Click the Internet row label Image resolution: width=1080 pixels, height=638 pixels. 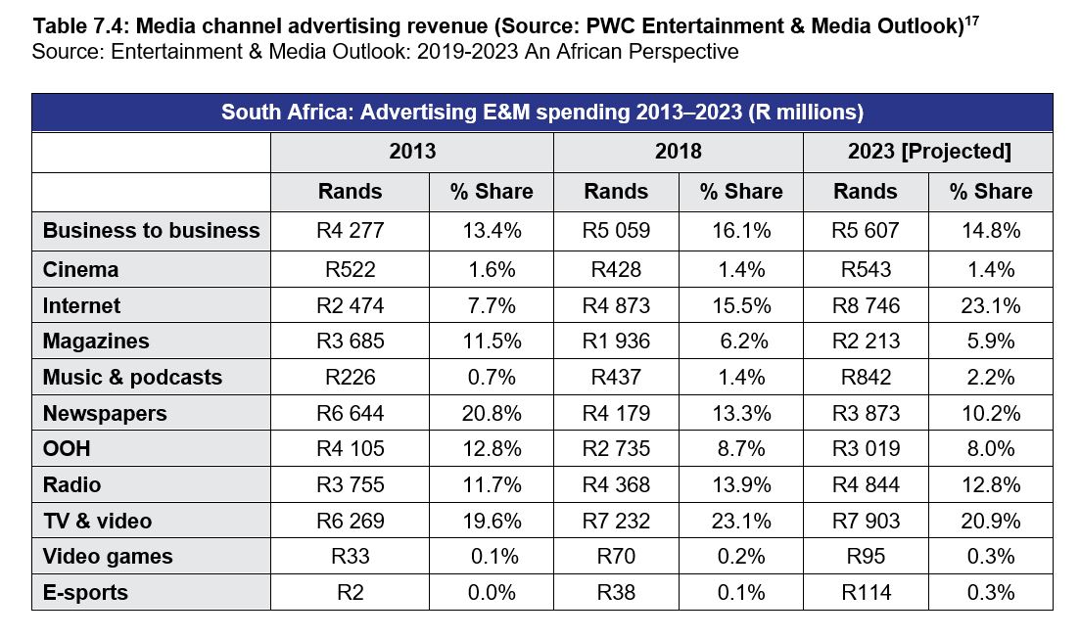click(81, 306)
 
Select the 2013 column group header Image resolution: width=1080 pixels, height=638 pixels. click(412, 152)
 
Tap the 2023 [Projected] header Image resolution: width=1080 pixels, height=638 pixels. click(928, 152)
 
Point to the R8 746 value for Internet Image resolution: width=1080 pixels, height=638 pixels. click(866, 306)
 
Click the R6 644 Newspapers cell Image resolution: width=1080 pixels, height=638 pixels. click(350, 414)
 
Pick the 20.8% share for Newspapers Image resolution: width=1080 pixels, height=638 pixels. click(492, 414)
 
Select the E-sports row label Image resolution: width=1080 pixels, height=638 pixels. click(85, 592)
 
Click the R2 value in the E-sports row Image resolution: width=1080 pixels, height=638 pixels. click(350, 592)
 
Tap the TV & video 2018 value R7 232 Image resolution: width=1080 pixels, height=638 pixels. click(617, 521)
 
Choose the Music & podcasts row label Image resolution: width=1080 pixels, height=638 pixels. click(132, 378)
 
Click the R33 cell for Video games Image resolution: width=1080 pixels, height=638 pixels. click(350, 557)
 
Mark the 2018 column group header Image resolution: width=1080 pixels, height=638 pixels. click(678, 152)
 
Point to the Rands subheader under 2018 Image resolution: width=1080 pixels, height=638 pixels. click(616, 192)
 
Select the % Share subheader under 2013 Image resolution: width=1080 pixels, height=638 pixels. click(492, 192)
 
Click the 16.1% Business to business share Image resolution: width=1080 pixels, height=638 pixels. click(741, 231)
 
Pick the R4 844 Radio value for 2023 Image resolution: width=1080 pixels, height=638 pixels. click(866, 485)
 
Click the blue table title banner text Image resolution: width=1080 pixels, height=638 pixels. click(541, 112)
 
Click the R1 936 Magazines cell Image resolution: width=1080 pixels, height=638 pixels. click(617, 342)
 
